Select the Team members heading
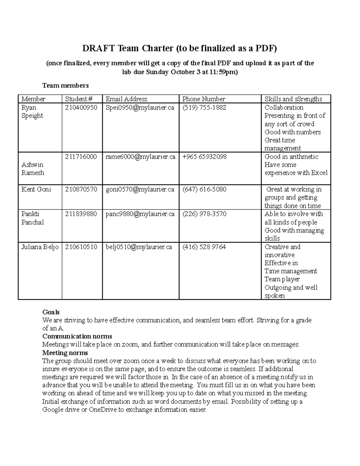tap(65, 86)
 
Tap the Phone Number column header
tap(203, 99)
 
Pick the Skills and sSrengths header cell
tap(293, 99)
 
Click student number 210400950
tap(81, 107)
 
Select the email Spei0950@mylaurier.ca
tap(140, 107)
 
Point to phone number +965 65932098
tap(204, 157)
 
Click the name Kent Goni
tap(36, 189)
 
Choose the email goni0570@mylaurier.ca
tap(140, 189)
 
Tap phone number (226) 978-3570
tap(204, 214)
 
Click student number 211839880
tap(81, 214)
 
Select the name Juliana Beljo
tap(40, 247)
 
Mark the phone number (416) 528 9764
tap(204, 247)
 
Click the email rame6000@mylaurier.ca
tap(140, 157)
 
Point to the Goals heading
tap(51, 312)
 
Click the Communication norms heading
tap(77, 336)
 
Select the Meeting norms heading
tap(65, 353)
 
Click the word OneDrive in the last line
tap(103, 410)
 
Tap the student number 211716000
tap(81, 157)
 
